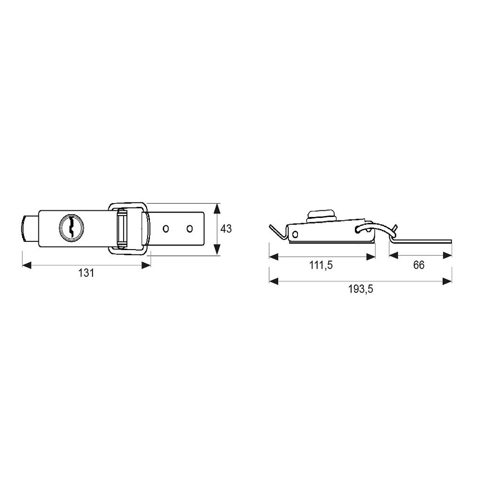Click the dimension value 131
[86, 273]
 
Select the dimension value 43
[226, 228]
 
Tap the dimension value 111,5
[321, 265]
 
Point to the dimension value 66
[419, 265]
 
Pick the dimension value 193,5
[361, 289]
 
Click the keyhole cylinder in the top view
[72, 228]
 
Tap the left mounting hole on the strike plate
[166, 228]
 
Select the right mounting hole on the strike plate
[190, 228]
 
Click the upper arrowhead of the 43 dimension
[217, 209]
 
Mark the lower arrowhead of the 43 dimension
[217, 249]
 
